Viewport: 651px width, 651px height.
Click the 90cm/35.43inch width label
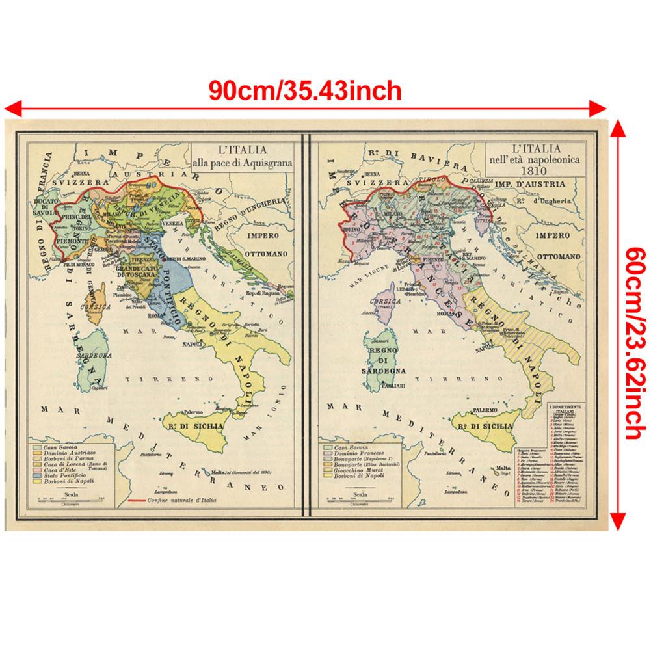tap(305, 89)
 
